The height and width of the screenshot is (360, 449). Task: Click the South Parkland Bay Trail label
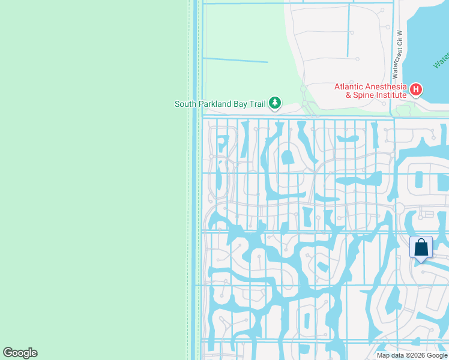pyautogui.click(x=220, y=104)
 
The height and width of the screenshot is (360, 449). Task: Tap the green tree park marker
pyautogui.click(x=275, y=104)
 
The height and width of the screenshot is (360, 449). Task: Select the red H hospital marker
pyautogui.click(x=416, y=91)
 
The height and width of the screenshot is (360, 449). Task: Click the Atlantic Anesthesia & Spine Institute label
pyautogui.click(x=370, y=91)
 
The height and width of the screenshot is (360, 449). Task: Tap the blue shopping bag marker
pyautogui.click(x=421, y=247)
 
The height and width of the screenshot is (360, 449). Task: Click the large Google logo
pyautogui.click(x=20, y=353)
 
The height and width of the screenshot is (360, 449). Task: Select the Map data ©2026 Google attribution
pyautogui.click(x=412, y=355)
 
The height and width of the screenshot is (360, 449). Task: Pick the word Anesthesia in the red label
pyautogui.click(x=386, y=86)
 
